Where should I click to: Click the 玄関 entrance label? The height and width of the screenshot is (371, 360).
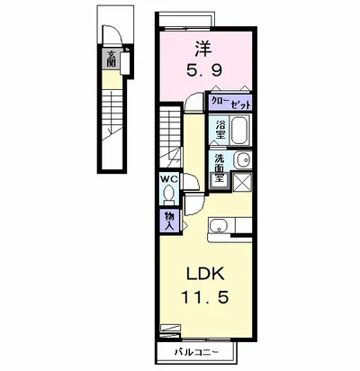tap(111, 59)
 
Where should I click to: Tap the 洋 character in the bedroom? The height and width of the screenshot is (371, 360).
tap(203, 49)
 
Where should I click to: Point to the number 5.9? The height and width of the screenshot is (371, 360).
tap(204, 71)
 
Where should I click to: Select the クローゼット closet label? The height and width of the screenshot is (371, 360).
tap(230, 103)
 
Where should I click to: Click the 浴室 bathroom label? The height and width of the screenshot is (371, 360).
tap(220, 130)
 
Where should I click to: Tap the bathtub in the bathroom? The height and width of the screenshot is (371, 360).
tap(240, 131)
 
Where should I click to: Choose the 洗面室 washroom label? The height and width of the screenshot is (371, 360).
tap(220, 167)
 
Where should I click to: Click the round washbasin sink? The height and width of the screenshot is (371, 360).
tap(242, 159)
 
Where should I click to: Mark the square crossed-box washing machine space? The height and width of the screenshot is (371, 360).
tap(242, 182)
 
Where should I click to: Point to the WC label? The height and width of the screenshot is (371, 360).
tap(169, 179)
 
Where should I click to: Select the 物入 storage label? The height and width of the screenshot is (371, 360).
tap(169, 221)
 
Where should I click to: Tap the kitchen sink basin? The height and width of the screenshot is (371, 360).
tap(219, 225)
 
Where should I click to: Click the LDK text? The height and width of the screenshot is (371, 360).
tap(205, 274)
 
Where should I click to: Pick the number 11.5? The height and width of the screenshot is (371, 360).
tap(205, 298)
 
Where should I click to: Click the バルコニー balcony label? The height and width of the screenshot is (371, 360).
tap(197, 351)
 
